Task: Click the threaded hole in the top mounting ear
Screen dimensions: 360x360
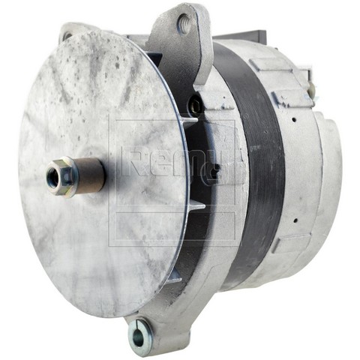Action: [184, 23]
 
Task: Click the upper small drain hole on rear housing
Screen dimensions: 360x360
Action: [295, 119]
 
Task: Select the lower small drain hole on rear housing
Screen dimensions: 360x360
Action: [296, 220]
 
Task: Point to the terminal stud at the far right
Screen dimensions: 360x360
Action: [311, 88]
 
